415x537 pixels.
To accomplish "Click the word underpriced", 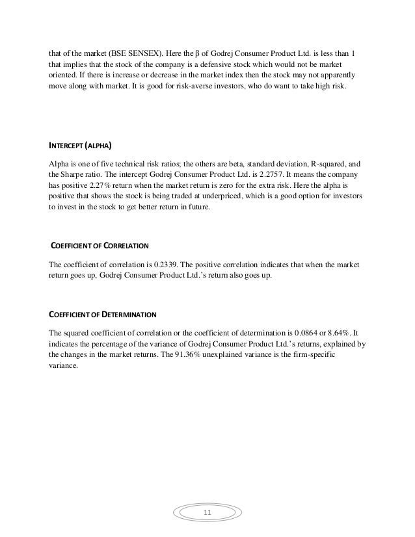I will tap(239, 196).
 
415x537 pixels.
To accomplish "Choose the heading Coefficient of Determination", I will tap(103, 315).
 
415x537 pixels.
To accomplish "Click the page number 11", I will tap(207, 514).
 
